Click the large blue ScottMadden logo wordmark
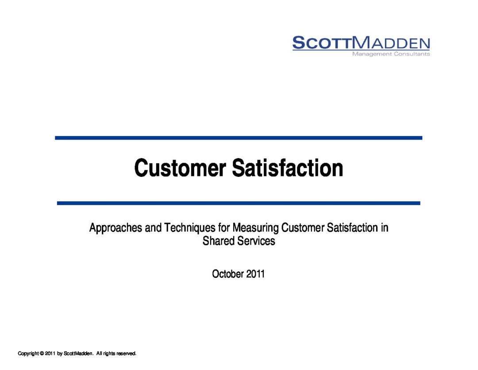(x=361, y=43)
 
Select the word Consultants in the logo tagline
(x=412, y=54)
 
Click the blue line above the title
(x=239, y=138)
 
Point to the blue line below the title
(x=239, y=203)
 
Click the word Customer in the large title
(x=180, y=168)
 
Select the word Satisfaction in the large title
(x=288, y=168)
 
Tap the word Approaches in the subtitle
(x=116, y=228)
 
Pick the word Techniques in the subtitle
(x=189, y=228)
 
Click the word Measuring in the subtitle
(x=255, y=228)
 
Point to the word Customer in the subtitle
(x=303, y=228)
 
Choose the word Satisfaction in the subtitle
(x=352, y=228)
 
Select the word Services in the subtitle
(x=256, y=241)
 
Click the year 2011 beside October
(x=255, y=274)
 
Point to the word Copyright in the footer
(x=28, y=354)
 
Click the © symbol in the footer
(x=42, y=354)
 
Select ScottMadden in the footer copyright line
(x=78, y=354)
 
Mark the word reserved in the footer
(x=126, y=354)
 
